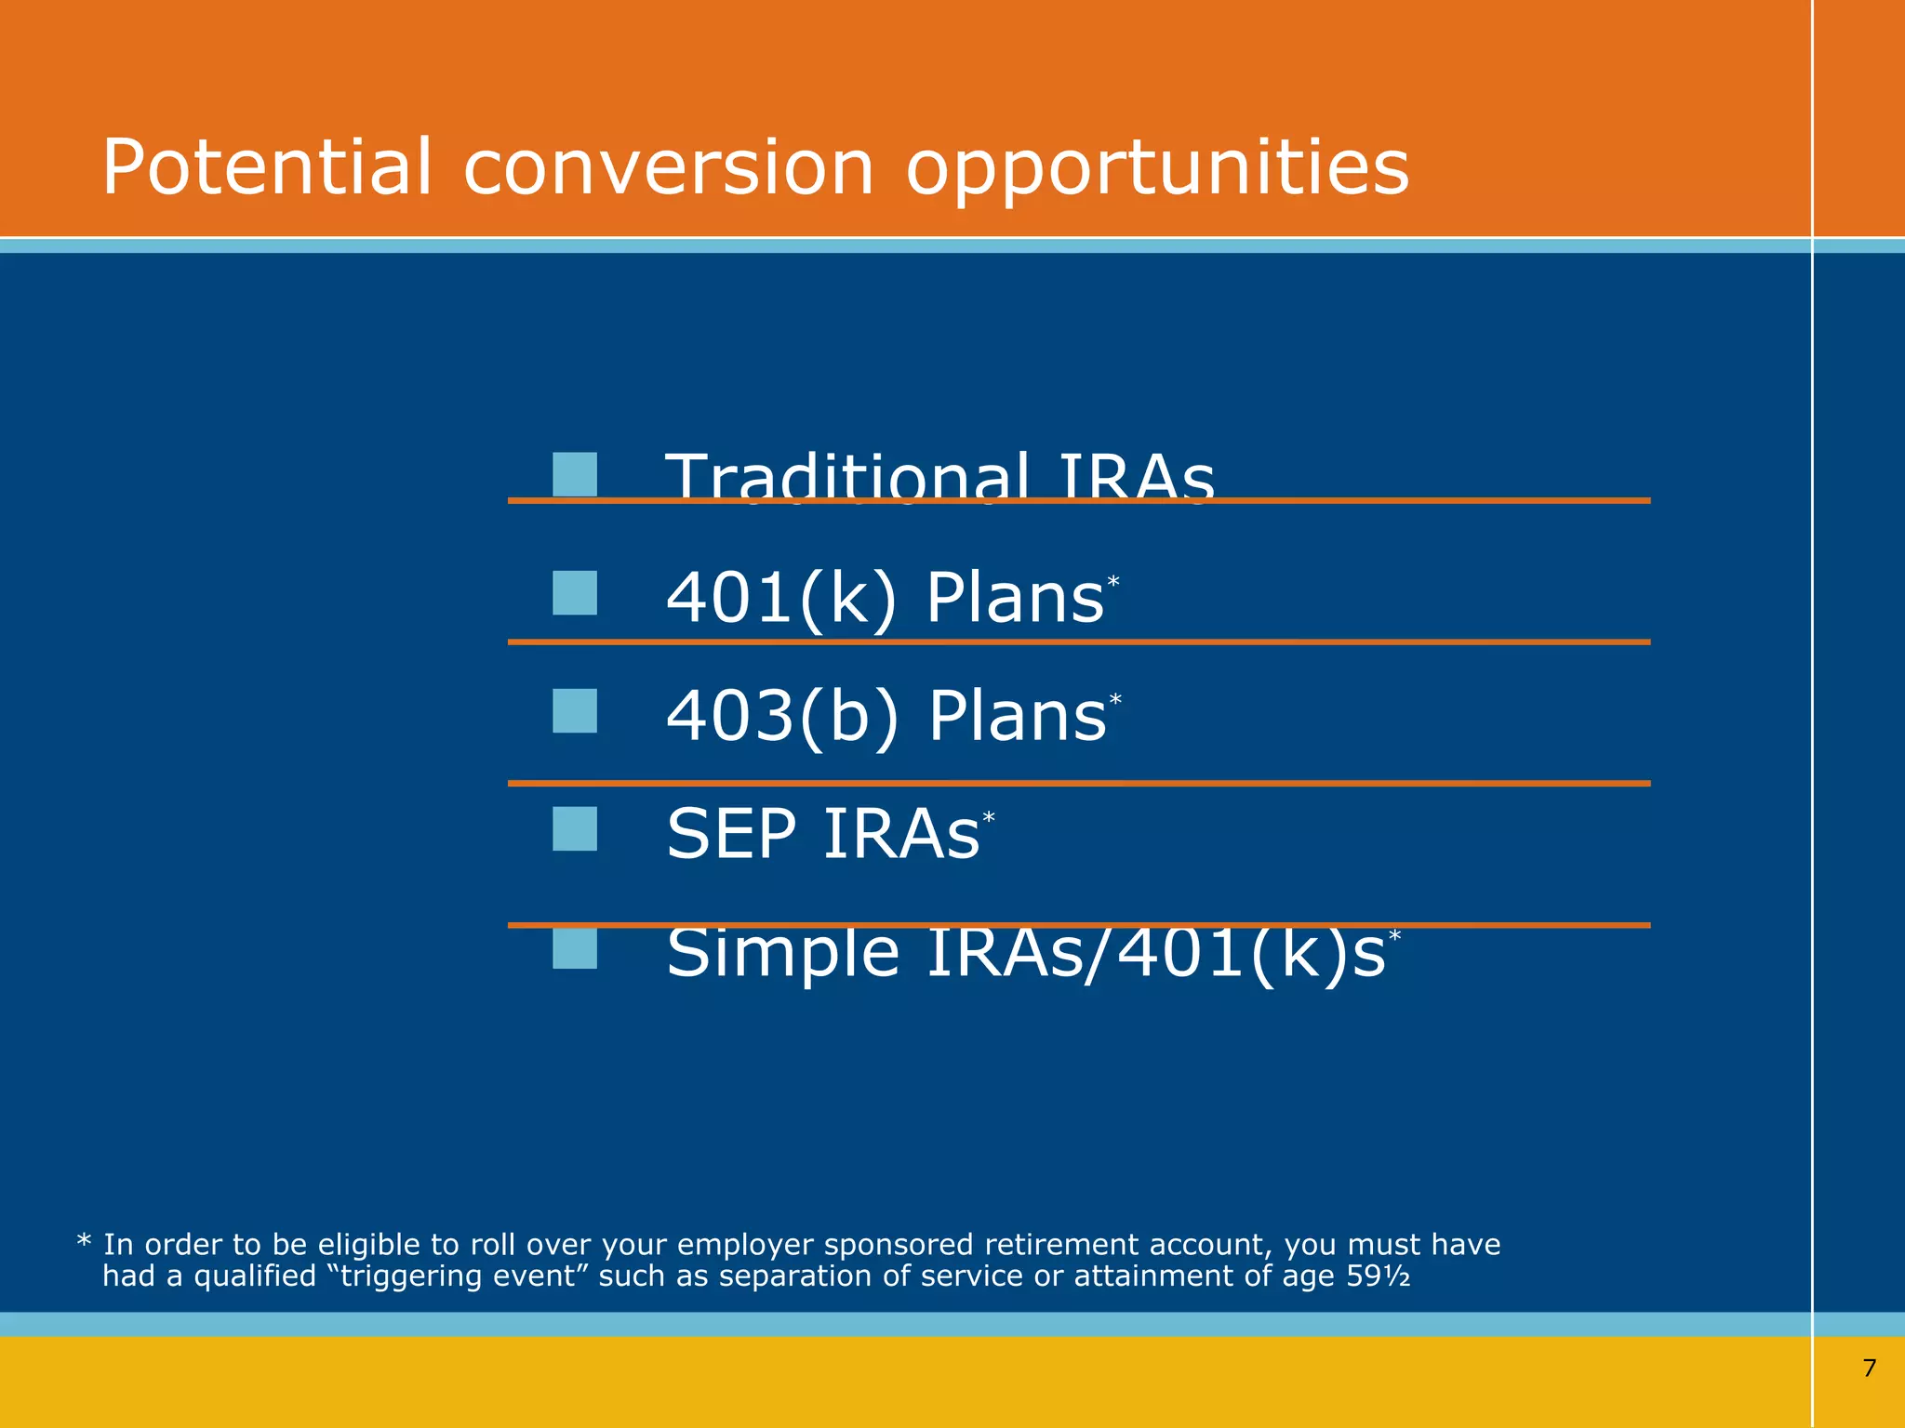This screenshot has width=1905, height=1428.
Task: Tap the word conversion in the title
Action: click(668, 169)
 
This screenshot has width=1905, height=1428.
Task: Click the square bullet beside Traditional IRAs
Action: click(575, 474)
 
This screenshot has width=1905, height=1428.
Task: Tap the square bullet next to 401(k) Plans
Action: click(575, 593)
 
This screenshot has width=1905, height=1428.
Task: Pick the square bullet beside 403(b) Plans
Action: click(575, 711)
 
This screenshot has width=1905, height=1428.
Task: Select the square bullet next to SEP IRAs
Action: click(575, 829)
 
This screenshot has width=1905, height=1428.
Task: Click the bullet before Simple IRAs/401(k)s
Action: click(575, 948)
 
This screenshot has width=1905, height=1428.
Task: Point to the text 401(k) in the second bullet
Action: click(781, 598)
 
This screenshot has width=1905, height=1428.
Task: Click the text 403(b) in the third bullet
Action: click(782, 716)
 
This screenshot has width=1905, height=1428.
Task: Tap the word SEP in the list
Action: click(731, 834)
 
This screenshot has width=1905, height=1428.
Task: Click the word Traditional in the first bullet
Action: click(847, 476)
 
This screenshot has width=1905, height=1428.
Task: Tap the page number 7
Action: click(1870, 1368)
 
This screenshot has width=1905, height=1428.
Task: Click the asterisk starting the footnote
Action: click(84, 1242)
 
